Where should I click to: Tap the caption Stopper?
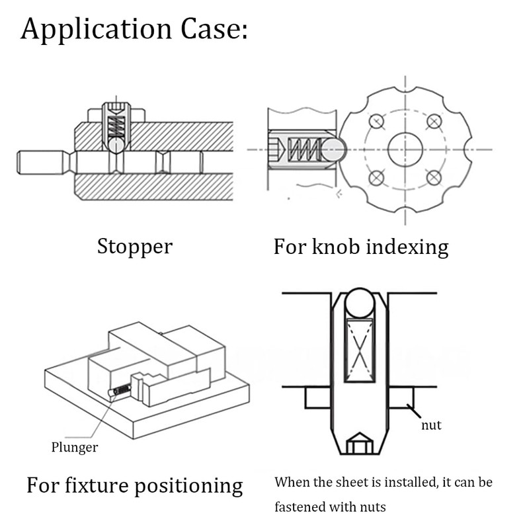(135, 247)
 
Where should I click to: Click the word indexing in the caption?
(407, 247)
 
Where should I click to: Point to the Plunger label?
(75, 448)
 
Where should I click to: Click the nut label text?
(431, 425)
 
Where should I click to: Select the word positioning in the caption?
(188, 486)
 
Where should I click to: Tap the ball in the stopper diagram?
(116, 145)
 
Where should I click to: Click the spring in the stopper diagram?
(116, 126)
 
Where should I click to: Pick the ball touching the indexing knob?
(333, 149)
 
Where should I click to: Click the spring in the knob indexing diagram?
(303, 150)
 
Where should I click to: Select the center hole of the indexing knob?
(405, 149)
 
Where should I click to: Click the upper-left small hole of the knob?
(376, 121)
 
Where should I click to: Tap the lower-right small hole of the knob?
(434, 178)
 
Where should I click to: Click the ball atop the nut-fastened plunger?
(360, 303)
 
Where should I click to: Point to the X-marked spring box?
(360, 350)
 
